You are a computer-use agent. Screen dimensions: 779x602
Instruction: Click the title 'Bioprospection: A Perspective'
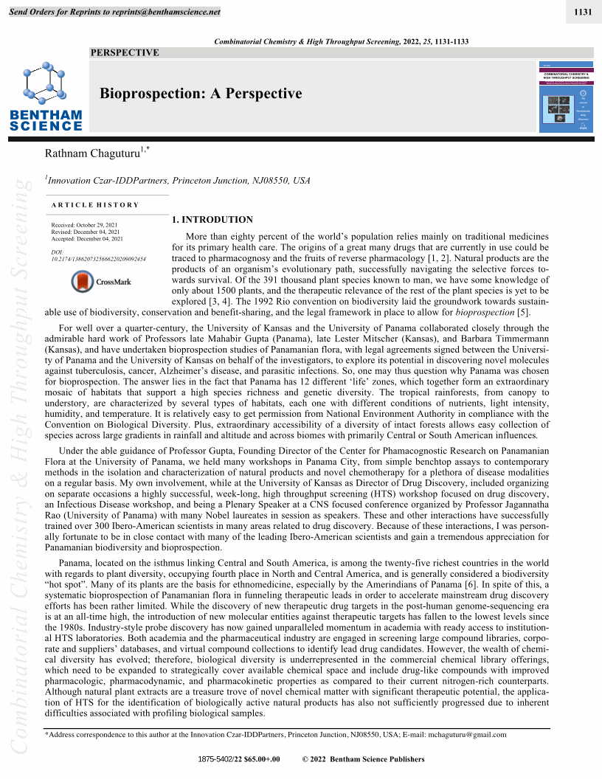pos(201,93)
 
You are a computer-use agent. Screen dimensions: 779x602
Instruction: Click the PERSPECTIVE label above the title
pos(124,52)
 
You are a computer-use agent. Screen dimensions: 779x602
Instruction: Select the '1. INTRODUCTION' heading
pos(212,219)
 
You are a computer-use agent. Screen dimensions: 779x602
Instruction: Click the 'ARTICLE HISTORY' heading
pos(94,204)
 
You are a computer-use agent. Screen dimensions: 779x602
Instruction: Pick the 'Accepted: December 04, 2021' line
pos(87,239)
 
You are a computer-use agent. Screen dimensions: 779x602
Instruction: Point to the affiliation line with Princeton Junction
pos(178,180)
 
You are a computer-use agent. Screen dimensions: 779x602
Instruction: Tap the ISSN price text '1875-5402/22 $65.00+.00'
pos(239,759)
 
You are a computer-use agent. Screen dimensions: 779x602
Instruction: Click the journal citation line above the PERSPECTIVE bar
pos(341,41)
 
